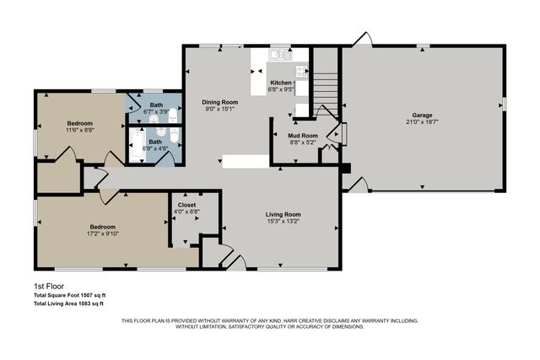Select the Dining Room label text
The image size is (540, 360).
click(x=219, y=100)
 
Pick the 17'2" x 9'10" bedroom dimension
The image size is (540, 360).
click(x=103, y=234)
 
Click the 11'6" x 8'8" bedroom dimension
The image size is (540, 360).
click(x=79, y=131)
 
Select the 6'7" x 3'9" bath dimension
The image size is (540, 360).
click(x=156, y=110)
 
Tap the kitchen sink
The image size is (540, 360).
click(x=278, y=55)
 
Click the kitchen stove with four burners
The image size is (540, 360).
click(x=301, y=72)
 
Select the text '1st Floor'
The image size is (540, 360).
click(x=49, y=287)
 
